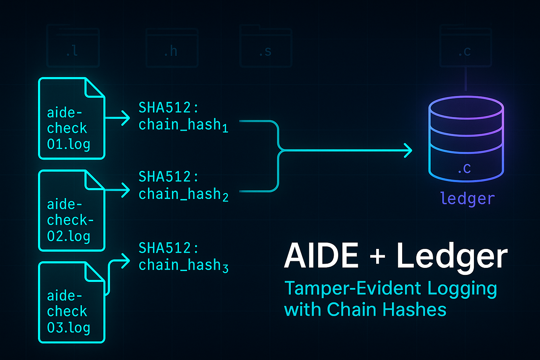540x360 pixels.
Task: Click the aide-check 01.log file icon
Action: (x=71, y=118)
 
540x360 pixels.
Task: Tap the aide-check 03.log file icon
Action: (x=71, y=302)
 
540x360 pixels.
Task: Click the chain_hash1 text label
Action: (x=183, y=125)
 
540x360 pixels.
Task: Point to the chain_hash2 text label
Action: (x=183, y=194)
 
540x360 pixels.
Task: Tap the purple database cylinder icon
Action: (x=466, y=139)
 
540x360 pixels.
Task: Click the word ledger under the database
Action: (x=467, y=199)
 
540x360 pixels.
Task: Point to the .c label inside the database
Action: (x=464, y=169)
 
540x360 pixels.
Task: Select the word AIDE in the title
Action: (x=321, y=256)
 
